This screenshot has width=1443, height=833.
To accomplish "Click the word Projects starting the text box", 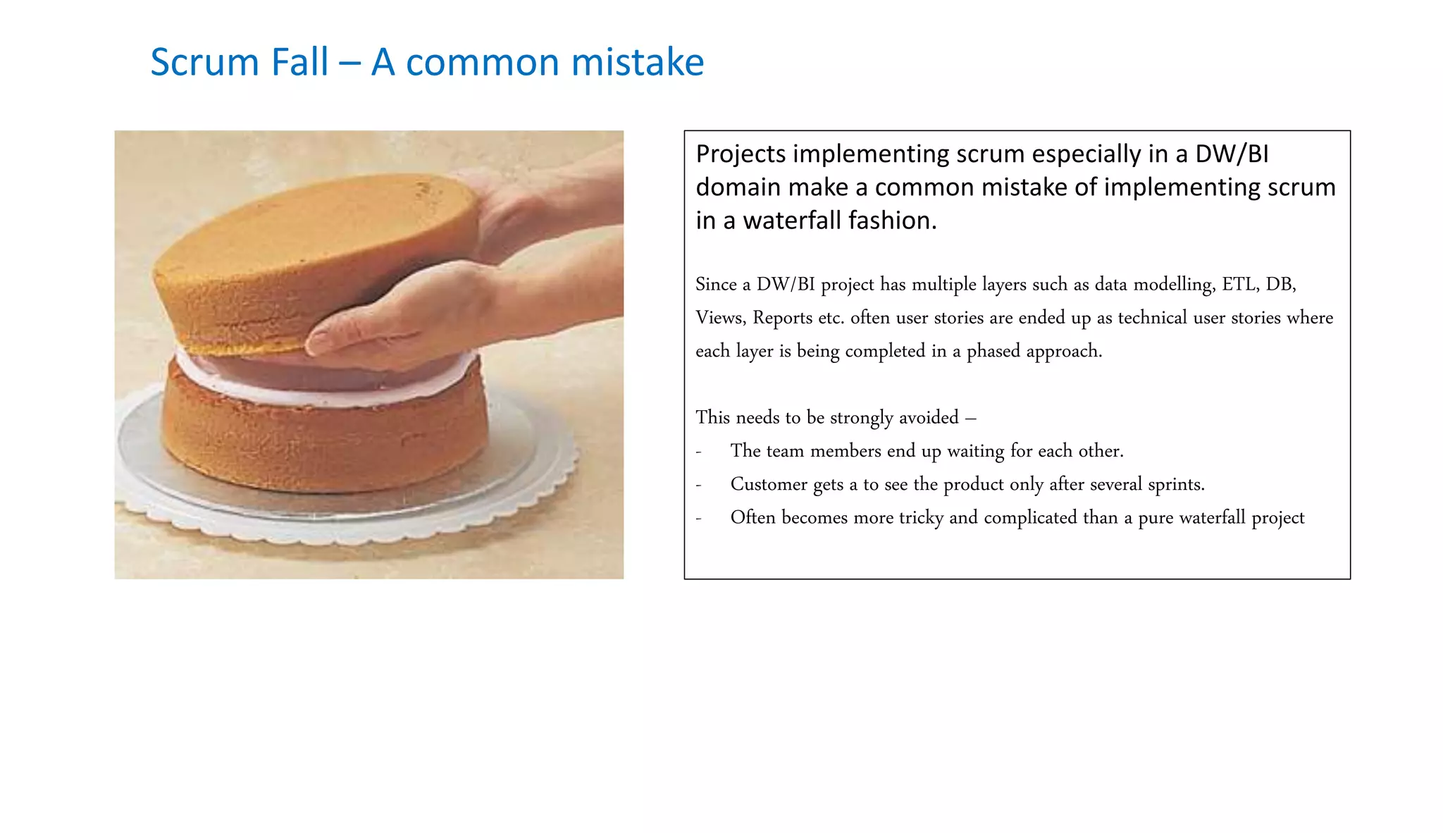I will (741, 154).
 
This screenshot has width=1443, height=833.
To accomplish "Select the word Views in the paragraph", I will (720, 317).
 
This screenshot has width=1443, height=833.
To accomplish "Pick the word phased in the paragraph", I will (993, 351).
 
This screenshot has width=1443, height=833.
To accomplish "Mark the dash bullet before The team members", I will (698, 451).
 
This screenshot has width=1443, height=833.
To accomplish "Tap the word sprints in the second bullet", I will (1176, 484).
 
